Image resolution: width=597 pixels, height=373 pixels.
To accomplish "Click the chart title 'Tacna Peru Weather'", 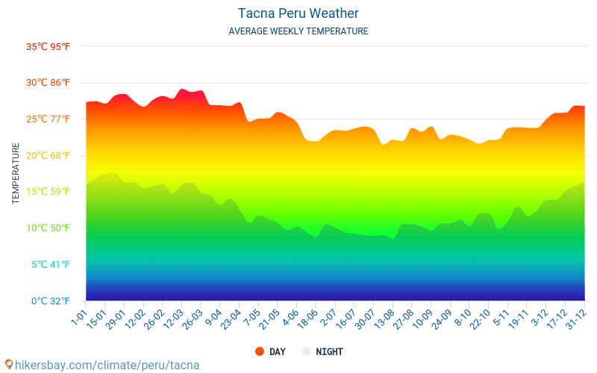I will click(x=298, y=13).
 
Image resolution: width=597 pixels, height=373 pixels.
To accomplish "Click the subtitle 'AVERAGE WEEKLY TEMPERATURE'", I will click(x=298, y=31).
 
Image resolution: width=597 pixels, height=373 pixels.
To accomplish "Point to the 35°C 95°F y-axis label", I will click(x=48, y=46).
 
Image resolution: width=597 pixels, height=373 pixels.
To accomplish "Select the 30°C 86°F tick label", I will click(x=48, y=83).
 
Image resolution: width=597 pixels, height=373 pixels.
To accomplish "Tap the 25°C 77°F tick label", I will click(x=48, y=119).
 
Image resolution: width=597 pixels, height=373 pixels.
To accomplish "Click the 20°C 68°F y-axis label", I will click(x=48, y=155).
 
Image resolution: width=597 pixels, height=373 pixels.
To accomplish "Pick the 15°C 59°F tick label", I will click(x=48, y=192).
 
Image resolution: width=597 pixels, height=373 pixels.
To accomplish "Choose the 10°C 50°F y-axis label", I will click(x=48, y=228).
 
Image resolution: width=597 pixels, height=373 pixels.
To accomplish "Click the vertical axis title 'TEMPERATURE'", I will click(x=16, y=173).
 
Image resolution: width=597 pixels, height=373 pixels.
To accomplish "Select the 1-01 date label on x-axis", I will click(x=79, y=316).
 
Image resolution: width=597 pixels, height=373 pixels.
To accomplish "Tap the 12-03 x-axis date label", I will click(x=172, y=319).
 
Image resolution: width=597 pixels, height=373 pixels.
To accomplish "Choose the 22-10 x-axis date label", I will click(x=480, y=319).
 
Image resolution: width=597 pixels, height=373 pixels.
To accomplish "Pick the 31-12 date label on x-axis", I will click(x=575, y=319).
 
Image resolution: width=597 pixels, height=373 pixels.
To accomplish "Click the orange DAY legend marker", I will click(x=260, y=351).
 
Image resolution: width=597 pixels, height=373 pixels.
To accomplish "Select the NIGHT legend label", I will click(x=329, y=351).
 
